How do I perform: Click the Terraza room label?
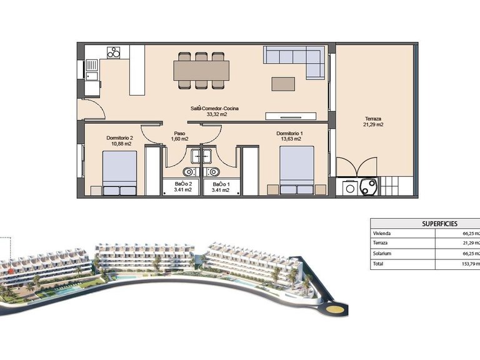point(374,119)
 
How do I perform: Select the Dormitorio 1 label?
point(289,133)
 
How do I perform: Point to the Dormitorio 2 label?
point(121,137)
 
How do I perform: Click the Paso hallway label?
point(180,133)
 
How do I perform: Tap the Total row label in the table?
point(378,264)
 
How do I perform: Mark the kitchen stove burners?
point(114,53)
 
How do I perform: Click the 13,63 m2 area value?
point(289,139)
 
